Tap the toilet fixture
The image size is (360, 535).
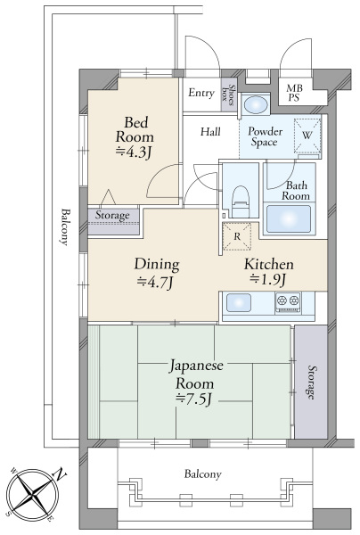pyautogui.click(x=239, y=197)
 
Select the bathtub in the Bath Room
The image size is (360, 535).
pyautogui.click(x=287, y=218)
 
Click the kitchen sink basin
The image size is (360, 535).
pyautogui.click(x=242, y=303)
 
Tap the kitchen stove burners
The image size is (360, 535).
pyautogui.click(x=289, y=302)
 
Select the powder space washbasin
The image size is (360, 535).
pyautogui.click(x=256, y=104)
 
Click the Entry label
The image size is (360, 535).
pyautogui.click(x=200, y=92)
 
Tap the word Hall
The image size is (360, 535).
pyautogui.click(x=210, y=132)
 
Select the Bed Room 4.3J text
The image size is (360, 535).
pyautogui.click(x=134, y=138)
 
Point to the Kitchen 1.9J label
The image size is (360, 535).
pyautogui.click(x=269, y=274)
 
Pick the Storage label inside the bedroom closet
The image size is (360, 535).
pyautogui.click(x=112, y=215)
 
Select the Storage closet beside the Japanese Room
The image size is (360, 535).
pyautogui.click(x=311, y=383)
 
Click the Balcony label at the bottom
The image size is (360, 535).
pyautogui.click(x=203, y=473)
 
